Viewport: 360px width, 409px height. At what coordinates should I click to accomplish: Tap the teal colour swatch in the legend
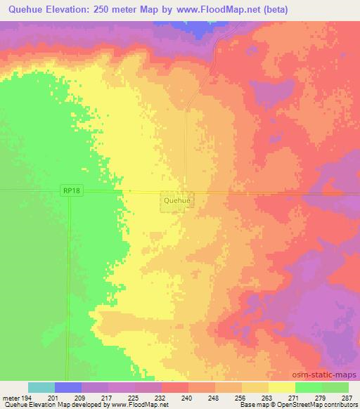tap(41, 387)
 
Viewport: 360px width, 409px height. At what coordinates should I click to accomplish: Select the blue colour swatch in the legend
tap(68, 387)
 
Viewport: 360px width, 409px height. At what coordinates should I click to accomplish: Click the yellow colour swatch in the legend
tap(282, 387)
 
